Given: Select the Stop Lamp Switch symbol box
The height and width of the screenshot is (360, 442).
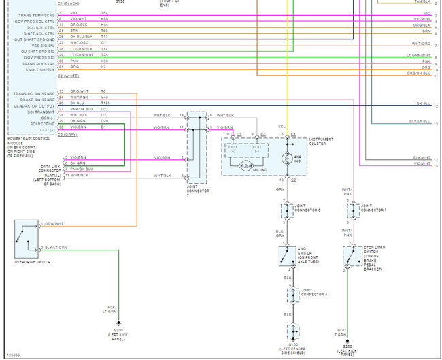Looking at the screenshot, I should click(x=353, y=257).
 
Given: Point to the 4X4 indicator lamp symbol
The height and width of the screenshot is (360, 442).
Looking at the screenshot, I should click(x=286, y=158).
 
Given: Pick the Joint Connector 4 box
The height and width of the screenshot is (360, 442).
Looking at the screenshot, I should click(x=292, y=295).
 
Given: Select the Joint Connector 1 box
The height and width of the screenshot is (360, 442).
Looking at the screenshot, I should click(x=353, y=210).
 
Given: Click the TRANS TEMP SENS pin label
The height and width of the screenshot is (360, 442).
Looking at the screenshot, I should click(x=32, y=14).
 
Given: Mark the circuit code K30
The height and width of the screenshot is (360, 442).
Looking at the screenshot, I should click(x=104, y=61).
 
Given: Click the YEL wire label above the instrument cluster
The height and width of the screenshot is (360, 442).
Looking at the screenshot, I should click(x=281, y=126).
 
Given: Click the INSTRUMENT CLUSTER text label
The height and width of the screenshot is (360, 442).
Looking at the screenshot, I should click(x=321, y=142).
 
